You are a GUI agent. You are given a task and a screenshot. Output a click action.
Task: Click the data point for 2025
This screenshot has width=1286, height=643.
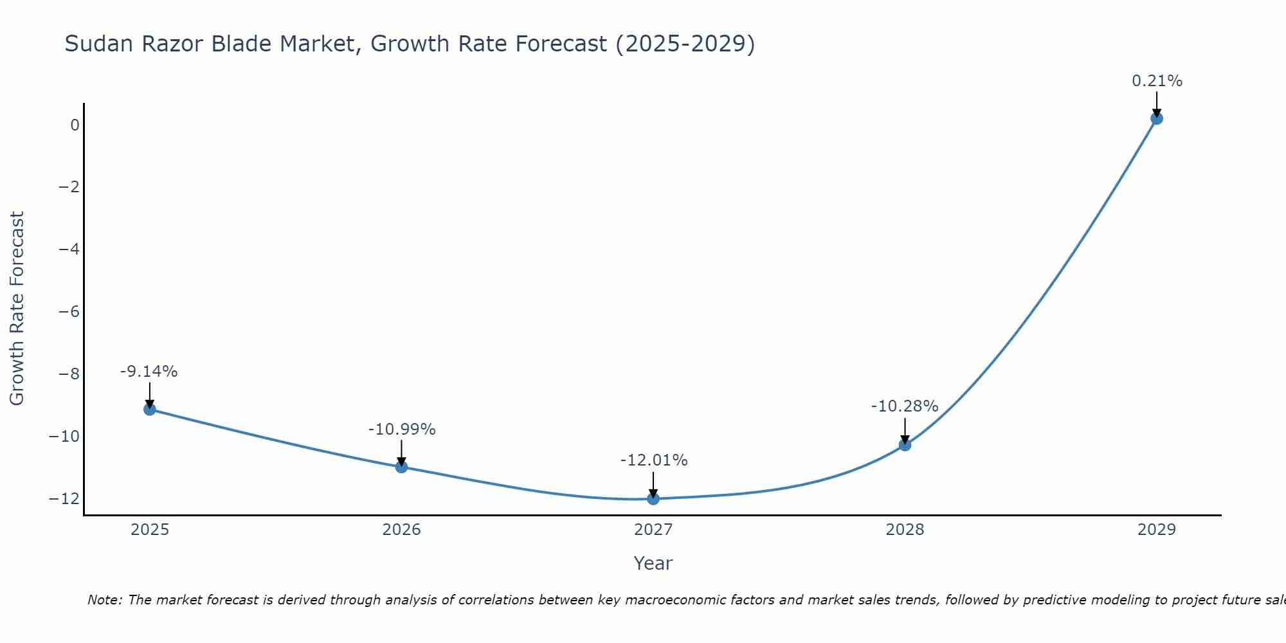click(150, 409)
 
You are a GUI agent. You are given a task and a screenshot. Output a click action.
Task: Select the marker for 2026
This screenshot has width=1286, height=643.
click(401, 467)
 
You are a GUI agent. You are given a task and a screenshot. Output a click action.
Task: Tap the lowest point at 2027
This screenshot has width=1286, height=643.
click(653, 498)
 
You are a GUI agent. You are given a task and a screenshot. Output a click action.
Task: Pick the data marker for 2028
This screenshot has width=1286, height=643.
click(905, 444)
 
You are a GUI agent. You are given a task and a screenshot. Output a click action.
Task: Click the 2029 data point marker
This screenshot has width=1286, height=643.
click(1157, 118)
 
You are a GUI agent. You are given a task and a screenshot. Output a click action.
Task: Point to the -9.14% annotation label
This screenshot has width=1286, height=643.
click(149, 372)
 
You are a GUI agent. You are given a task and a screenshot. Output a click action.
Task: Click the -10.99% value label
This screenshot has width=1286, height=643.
click(402, 430)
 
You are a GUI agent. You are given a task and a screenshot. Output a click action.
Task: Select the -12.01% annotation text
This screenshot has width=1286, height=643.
click(654, 460)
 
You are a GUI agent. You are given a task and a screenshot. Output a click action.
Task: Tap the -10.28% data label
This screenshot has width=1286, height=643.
click(905, 406)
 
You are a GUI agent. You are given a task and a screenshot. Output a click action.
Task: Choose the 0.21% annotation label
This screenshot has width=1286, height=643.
click(1157, 81)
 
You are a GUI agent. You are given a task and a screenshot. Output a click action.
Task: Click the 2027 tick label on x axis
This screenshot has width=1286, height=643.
click(653, 530)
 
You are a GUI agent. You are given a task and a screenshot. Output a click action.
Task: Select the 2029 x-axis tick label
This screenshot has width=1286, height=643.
click(1157, 530)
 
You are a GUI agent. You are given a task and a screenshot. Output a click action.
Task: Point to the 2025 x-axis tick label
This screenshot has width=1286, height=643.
click(150, 530)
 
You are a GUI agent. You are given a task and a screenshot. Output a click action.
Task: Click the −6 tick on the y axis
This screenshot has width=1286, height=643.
click(69, 312)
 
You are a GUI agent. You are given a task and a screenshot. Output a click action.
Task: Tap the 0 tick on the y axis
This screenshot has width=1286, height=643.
click(75, 125)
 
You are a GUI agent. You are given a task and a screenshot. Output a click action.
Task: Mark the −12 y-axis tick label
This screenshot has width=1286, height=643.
click(64, 498)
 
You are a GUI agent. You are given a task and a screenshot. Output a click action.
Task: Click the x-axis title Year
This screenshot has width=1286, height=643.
click(653, 563)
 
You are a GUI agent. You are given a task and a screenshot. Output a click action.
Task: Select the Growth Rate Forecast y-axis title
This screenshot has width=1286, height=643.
click(17, 309)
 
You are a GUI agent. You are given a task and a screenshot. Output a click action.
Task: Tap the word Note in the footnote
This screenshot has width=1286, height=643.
click(104, 600)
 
